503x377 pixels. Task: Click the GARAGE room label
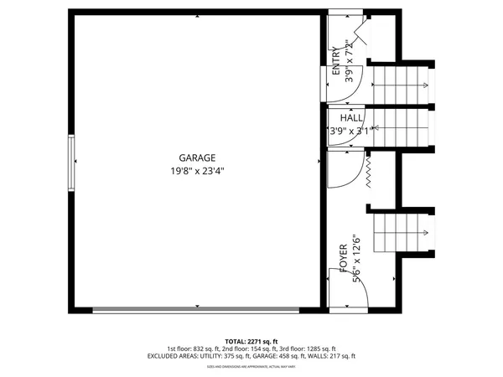[x=196, y=158]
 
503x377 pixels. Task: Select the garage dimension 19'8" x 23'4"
[x=196, y=170]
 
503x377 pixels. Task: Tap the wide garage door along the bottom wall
[x=194, y=310]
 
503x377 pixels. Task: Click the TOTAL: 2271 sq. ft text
[x=251, y=341]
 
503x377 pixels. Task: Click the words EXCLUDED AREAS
[x=175, y=356]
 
